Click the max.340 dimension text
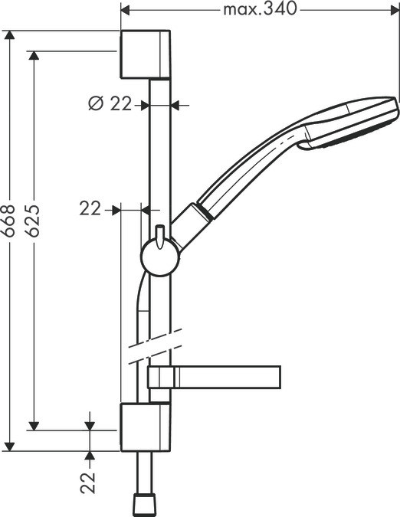[x=259, y=10]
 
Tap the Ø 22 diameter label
[x=110, y=104]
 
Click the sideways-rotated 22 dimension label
[x=89, y=482]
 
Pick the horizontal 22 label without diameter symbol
[x=90, y=208]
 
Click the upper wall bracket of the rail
[x=146, y=54]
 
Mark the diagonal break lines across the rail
[x=158, y=347]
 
